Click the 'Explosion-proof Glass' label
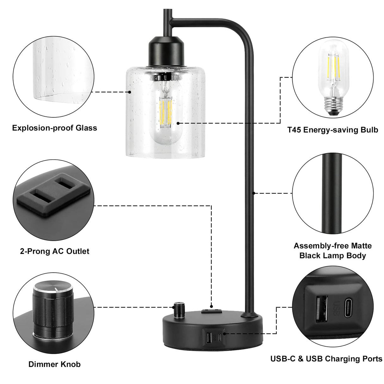click(x=54, y=128)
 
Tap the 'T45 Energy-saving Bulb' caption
click(x=333, y=130)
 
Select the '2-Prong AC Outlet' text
click(x=54, y=251)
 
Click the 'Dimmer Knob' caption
click(x=54, y=364)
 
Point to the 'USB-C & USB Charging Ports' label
click(x=326, y=359)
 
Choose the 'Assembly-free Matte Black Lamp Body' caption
click(x=333, y=251)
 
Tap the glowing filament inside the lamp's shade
click(x=165, y=112)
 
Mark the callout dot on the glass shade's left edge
click(x=130, y=92)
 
